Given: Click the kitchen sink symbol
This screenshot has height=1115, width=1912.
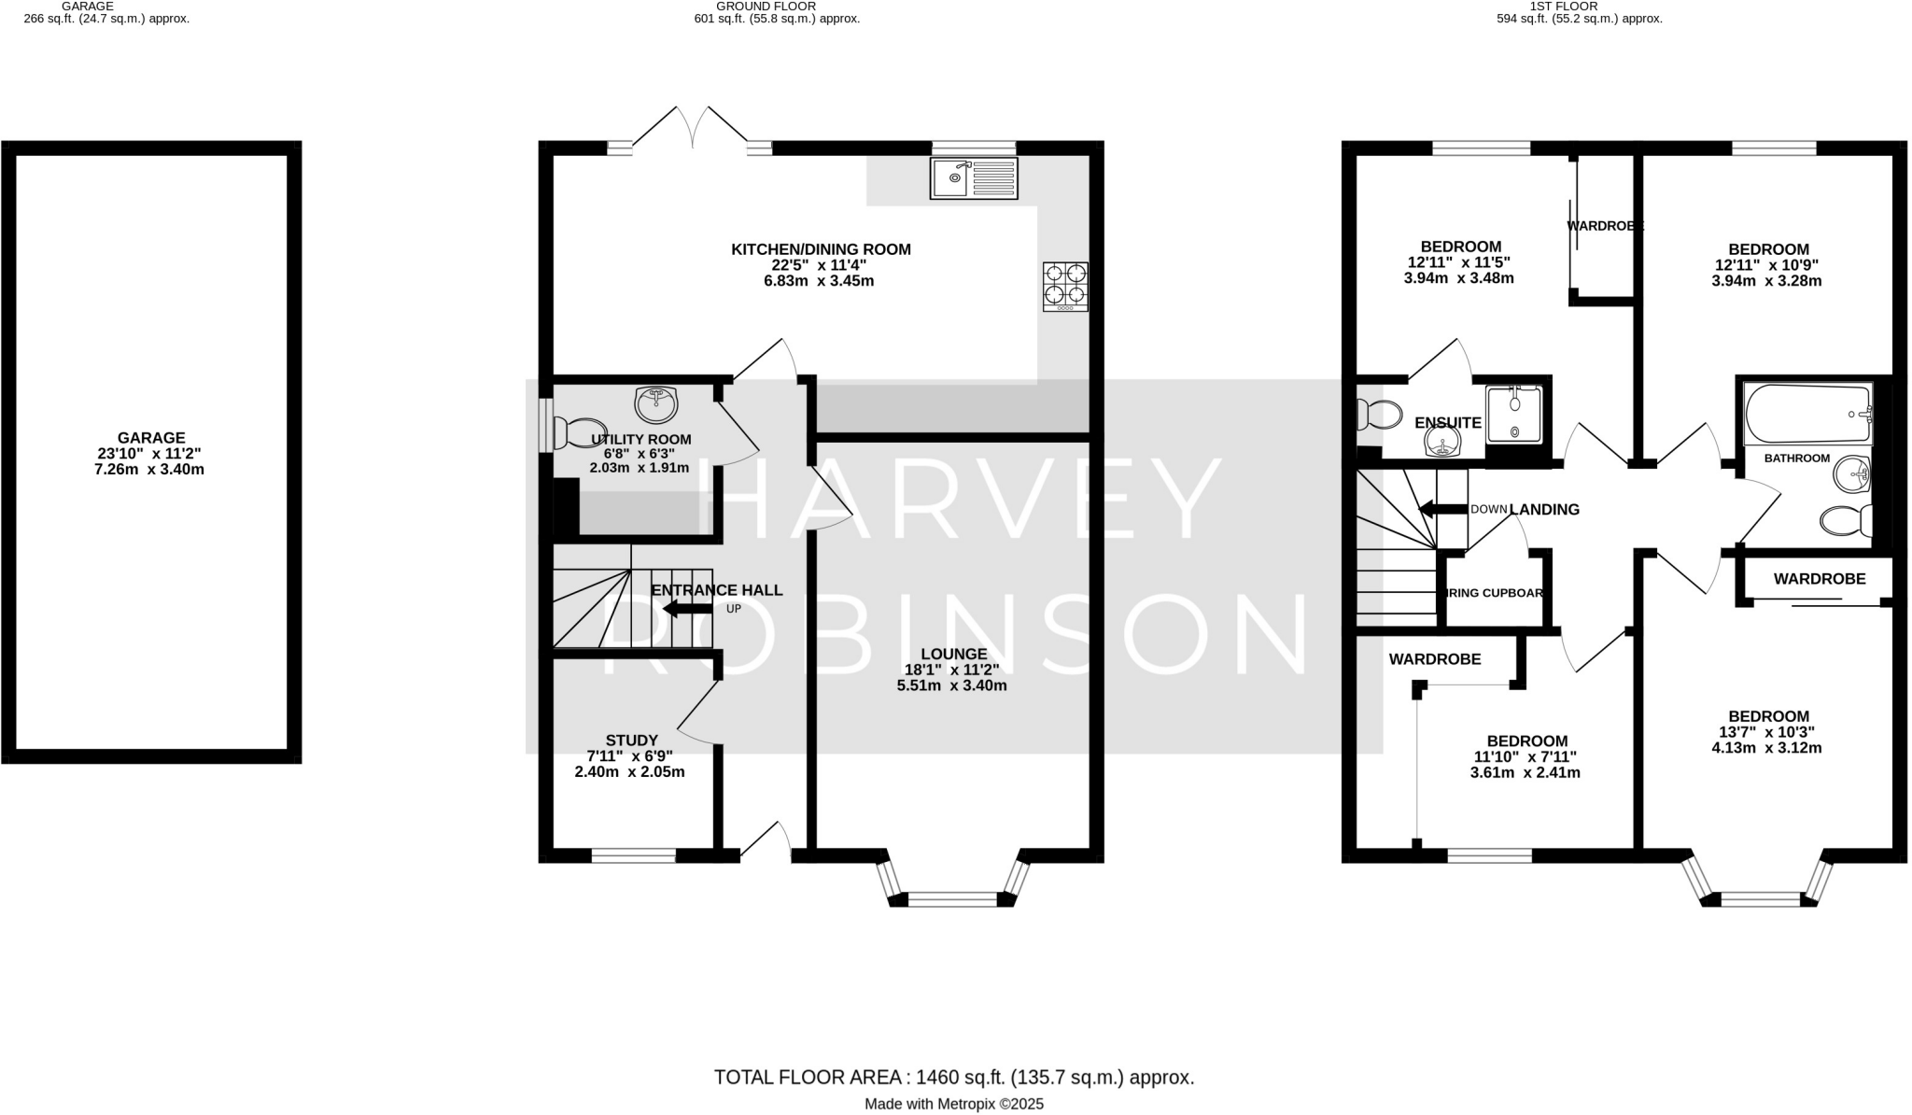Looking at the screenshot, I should (974, 177).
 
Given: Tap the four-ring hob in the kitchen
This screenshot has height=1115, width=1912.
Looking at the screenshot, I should (1065, 286).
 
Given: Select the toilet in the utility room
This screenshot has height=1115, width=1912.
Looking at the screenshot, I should (571, 432).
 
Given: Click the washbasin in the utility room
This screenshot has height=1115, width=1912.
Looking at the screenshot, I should (656, 404).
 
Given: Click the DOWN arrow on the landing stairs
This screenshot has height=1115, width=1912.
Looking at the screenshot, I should (1442, 509).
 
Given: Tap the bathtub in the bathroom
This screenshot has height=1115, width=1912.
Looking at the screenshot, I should (1807, 414).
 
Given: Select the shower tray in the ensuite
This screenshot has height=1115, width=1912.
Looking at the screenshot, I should (1513, 415).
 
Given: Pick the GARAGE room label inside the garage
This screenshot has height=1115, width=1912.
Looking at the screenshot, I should (151, 437).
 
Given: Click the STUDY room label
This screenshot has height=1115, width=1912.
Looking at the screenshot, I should (632, 741).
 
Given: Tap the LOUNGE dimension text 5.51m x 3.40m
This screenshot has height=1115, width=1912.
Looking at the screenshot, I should (952, 685).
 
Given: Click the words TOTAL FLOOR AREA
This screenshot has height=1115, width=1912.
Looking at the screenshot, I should (808, 1077).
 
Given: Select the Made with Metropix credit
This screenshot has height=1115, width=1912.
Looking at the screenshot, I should (953, 1104).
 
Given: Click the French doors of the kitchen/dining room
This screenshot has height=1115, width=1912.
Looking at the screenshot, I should (692, 131).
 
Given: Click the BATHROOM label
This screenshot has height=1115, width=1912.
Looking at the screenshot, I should (1796, 459).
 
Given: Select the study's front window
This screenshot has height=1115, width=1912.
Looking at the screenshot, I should (634, 854).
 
